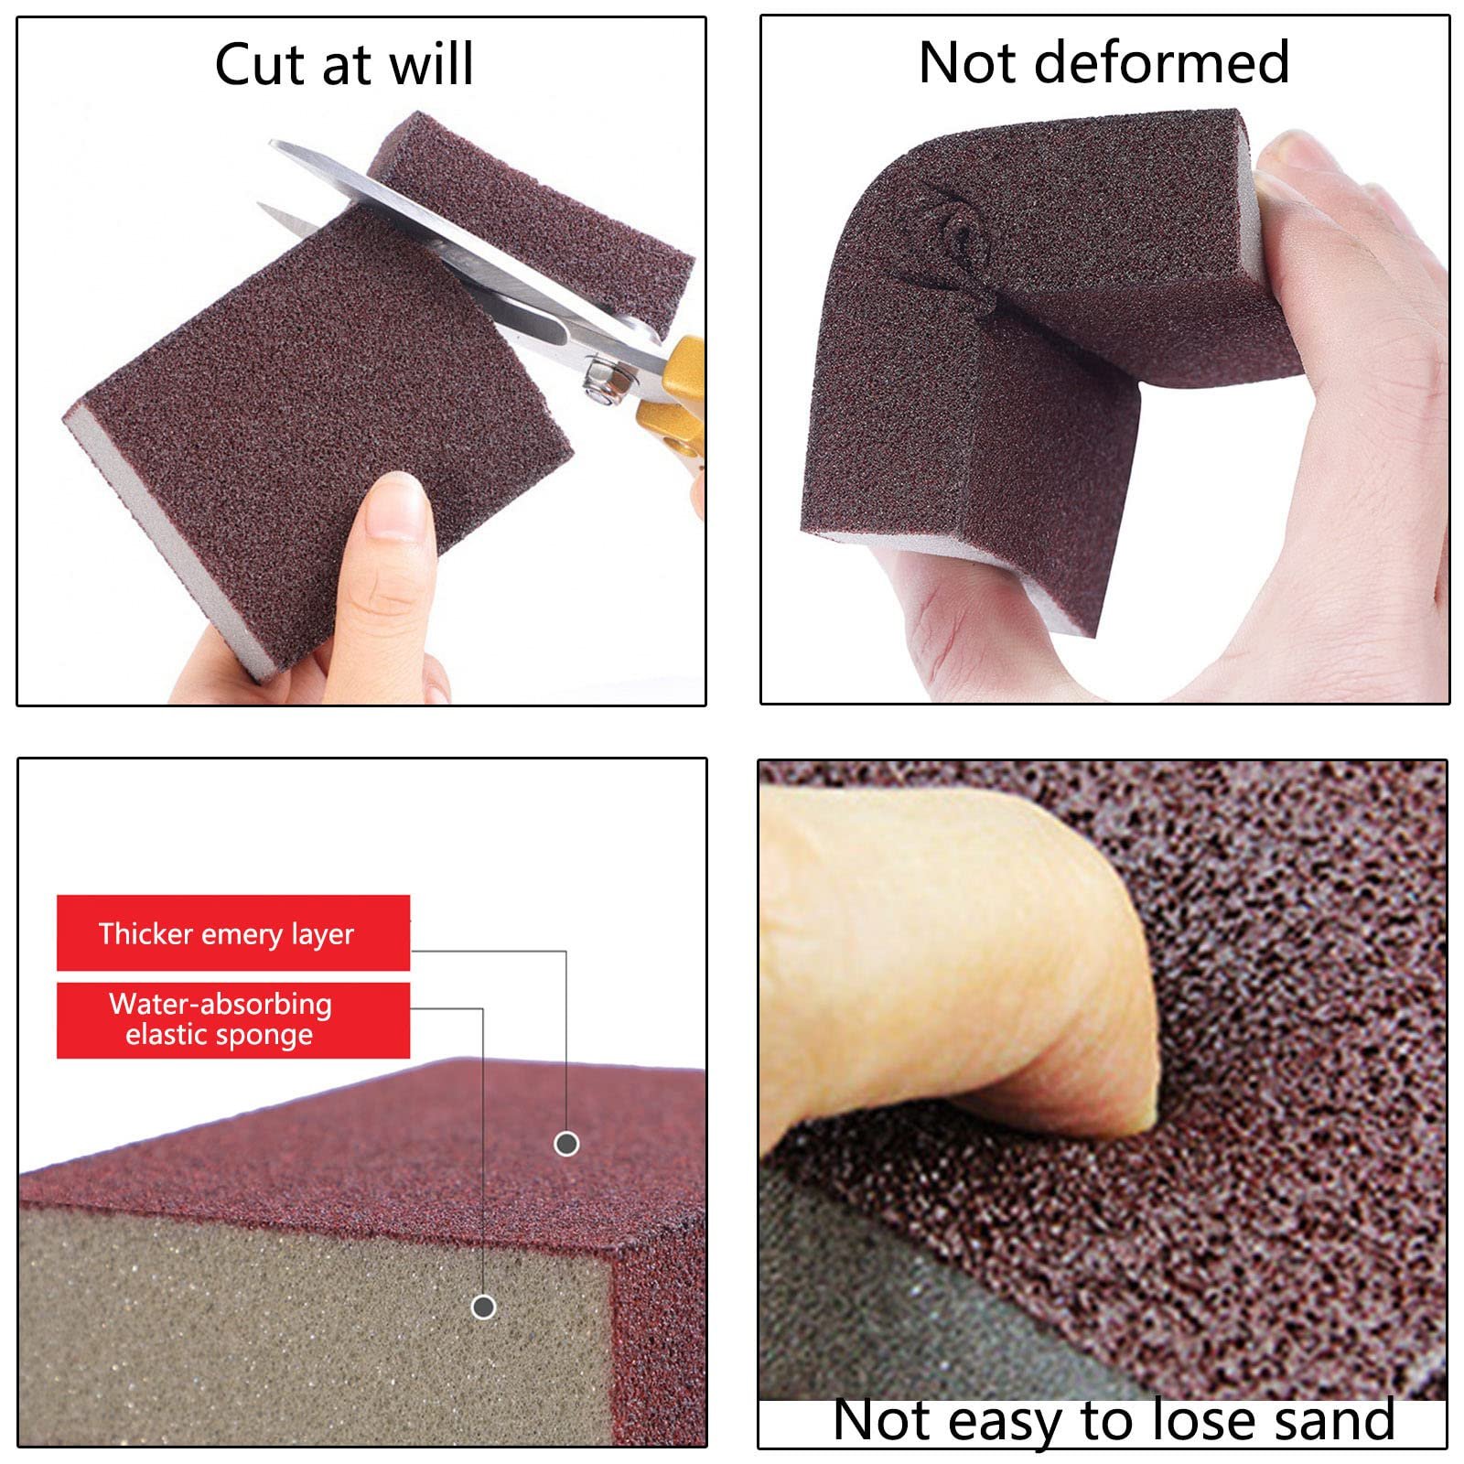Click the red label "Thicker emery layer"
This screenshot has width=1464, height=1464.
point(232,933)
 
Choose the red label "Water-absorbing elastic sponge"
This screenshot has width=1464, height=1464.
point(232,1020)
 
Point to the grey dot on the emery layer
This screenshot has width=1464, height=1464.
point(566,1143)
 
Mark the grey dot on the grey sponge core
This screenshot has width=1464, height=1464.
point(483,1307)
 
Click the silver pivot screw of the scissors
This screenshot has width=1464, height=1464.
point(601,377)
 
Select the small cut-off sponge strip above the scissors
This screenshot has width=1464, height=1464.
point(531,220)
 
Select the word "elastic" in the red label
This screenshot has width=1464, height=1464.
point(164,1035)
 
